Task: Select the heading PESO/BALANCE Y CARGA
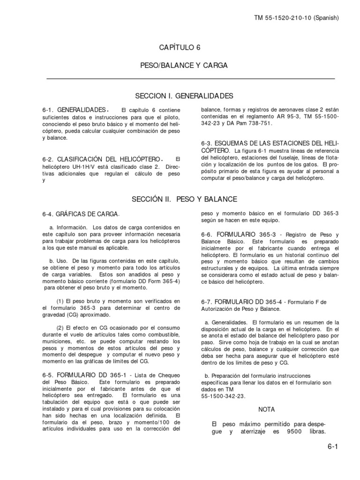click(x=184, y=65)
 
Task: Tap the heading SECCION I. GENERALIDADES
click(x=184, y=96)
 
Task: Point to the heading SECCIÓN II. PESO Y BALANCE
click(x=184, y=199)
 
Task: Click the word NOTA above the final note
click(x=267, y=409)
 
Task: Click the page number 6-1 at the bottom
click(x=333, y=447)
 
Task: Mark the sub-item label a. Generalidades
click(x=226, y=323)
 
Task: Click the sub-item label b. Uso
click(x=57, y=260)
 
